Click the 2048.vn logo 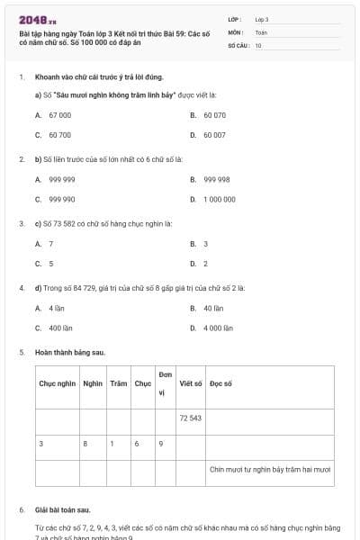[37, 20]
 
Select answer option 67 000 [59, 115]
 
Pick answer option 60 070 [214, 115]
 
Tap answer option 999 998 [216, 179]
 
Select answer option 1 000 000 [220, 199]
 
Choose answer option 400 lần [60, 328]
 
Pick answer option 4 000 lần [218, 328]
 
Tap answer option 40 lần [213, 309]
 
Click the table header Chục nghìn [58, 383]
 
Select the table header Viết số [190, 383]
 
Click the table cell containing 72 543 [190, 418]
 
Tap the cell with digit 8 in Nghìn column [85, 444]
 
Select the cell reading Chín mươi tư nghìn [270, 469]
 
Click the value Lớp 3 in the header [262, 18]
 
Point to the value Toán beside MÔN [261, 31]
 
